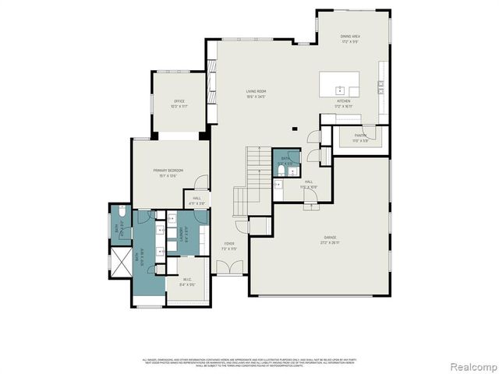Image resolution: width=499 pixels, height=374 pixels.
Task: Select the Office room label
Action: click(179, 103)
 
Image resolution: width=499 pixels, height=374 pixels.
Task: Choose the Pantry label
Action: click(360, 137)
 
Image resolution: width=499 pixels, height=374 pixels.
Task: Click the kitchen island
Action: click(340, 82)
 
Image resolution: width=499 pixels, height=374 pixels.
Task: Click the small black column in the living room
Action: click(294, 129)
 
